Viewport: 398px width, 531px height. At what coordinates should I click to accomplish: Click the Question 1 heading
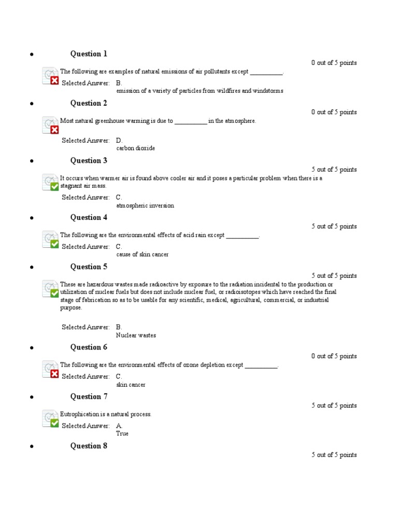point(89,54)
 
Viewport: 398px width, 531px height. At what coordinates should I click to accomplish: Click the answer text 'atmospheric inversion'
point(145,206)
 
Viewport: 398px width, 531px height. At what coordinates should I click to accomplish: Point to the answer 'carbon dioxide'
point(135,148)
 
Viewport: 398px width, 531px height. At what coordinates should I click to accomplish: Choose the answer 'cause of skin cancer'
point(142,255)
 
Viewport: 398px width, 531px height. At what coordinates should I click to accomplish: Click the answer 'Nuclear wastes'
point(136,336)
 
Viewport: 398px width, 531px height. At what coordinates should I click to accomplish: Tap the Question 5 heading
point(89,267)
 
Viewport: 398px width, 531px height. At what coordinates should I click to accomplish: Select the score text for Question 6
point(334,356)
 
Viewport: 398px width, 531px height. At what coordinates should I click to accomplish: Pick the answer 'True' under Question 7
point(122,434)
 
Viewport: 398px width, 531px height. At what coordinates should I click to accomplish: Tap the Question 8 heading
point(89,446)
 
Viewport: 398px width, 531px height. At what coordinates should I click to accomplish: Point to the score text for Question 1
point(334,63)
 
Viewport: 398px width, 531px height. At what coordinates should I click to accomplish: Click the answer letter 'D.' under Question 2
point(119,141)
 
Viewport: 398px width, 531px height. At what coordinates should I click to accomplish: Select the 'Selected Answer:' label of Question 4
point(86,247)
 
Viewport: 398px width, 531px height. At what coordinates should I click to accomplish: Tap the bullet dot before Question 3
point(32,161)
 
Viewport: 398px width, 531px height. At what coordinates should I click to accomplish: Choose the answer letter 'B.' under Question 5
point(119,327)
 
